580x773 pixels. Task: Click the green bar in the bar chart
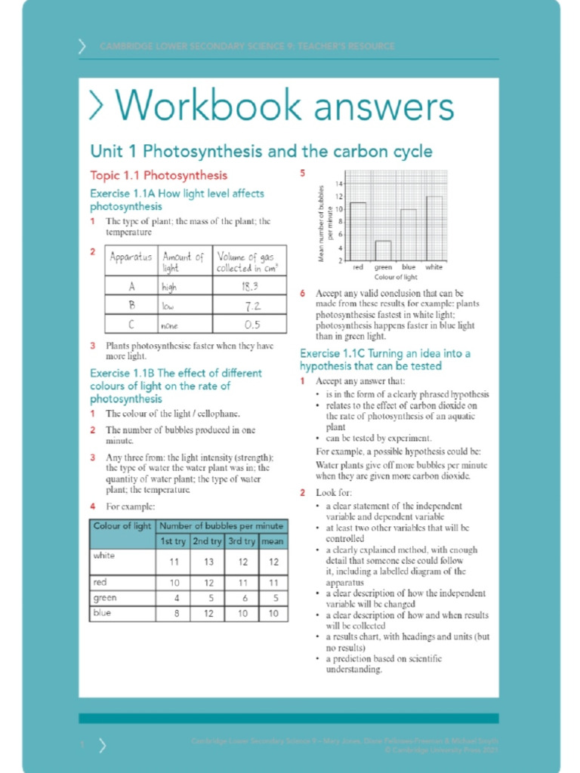[x=384, y=251]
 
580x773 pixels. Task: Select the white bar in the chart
[x=434, y=229]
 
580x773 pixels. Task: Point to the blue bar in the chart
[x=409, y=235]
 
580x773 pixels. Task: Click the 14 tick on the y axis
[x=341, y=184]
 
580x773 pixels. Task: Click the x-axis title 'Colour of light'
[x=396, y=277]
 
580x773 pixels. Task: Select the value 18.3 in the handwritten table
[x=250, y=287]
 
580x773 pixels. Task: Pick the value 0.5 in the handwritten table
[x=251, y=325]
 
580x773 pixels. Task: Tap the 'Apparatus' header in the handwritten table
[x=131, y=257]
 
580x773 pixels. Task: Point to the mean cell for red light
[x=273, y=583]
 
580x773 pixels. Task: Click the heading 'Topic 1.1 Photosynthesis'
[x=159, y=176]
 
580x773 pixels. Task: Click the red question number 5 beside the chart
[x=302, y=173]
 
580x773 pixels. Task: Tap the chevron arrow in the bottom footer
[x=102, y=745]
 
